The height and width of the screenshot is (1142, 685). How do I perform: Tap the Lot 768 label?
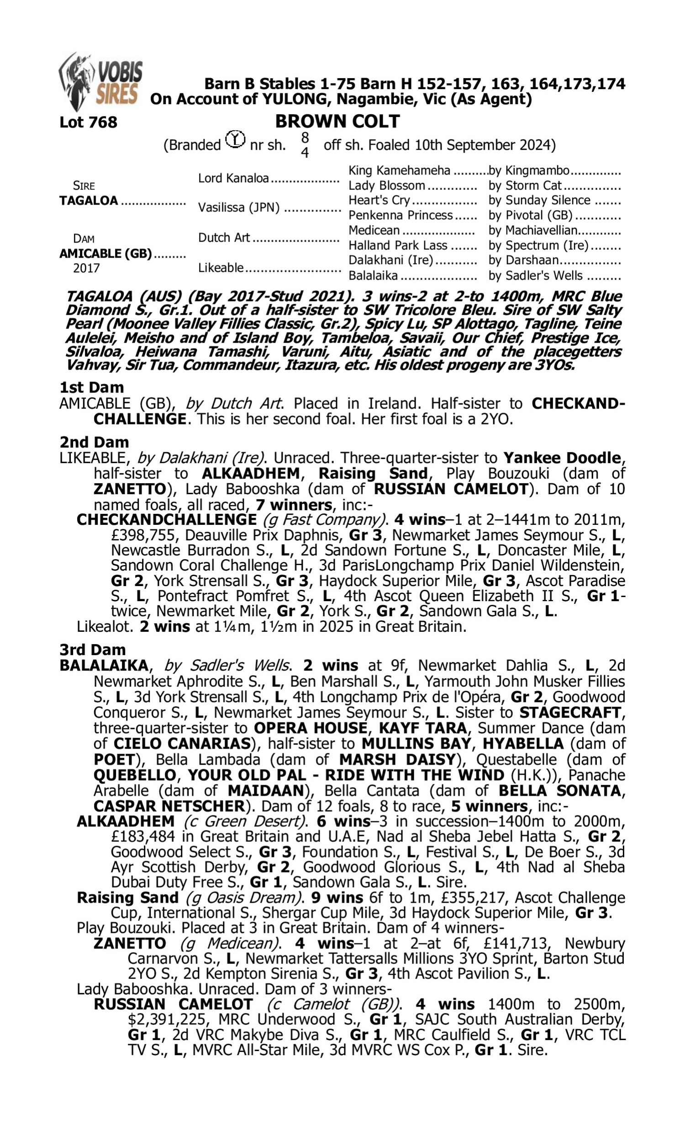click(88, 122)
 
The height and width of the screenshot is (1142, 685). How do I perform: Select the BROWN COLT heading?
click(337, 122)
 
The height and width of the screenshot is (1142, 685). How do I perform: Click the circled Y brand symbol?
click(235, 139)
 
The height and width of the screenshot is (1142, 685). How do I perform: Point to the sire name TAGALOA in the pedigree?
click(89, 201)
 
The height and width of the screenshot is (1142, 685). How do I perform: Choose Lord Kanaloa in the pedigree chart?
click(233, 179)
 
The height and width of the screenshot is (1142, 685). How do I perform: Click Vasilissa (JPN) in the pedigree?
click(239, 208)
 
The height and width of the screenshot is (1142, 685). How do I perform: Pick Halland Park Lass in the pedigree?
click(397, 246)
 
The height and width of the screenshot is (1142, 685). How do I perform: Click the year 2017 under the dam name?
click(86, 268)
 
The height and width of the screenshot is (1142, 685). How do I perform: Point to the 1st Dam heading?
click(91, 387)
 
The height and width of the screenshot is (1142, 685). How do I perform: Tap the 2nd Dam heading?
click(94, 442)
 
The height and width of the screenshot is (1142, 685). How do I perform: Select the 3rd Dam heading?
click(92, 650)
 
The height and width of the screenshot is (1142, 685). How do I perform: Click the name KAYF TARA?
click(422, 728)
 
